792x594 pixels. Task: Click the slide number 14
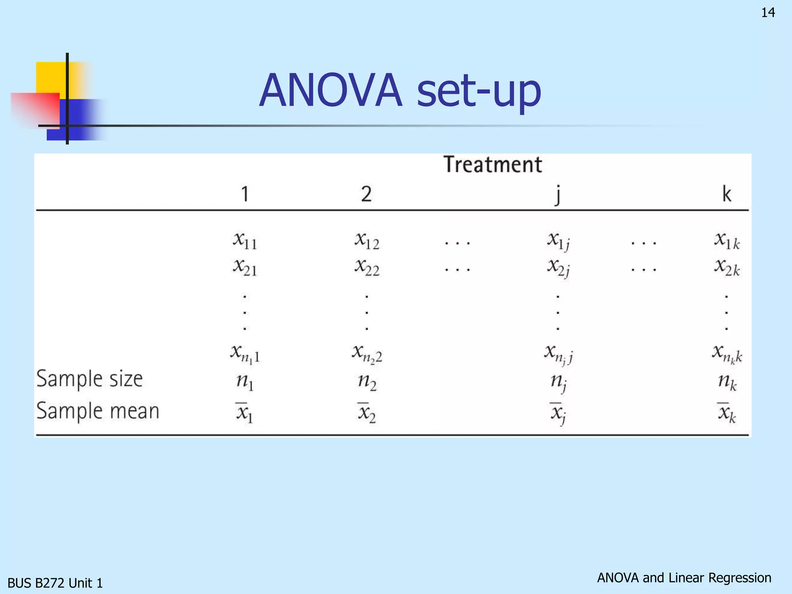(x=768, y=13)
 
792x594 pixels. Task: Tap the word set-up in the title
(x=479, y=91)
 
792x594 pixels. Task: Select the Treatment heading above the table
(x=492, y=164)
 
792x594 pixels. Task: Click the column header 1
(x=245, y=194)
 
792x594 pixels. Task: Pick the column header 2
(x=366, y=194)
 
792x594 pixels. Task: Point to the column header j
(x=557, y=195)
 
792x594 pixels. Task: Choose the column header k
(x=727, y=194)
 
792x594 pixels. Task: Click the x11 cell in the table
(x=245, y=241)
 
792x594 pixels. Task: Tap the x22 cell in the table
(x=367, y=268)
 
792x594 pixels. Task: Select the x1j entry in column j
(x=558, y=241)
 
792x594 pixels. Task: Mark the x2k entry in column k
(x=727, y=268)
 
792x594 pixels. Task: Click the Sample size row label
(x=89, y=379)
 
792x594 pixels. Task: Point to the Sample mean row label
(x=97, y=411)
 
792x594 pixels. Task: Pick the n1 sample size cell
(x=245, y=382)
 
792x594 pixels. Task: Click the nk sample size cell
(x=727, y=382)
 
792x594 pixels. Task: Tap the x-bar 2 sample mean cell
(x=366, y=413)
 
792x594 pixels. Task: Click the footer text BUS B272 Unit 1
(x=55, y=583)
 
